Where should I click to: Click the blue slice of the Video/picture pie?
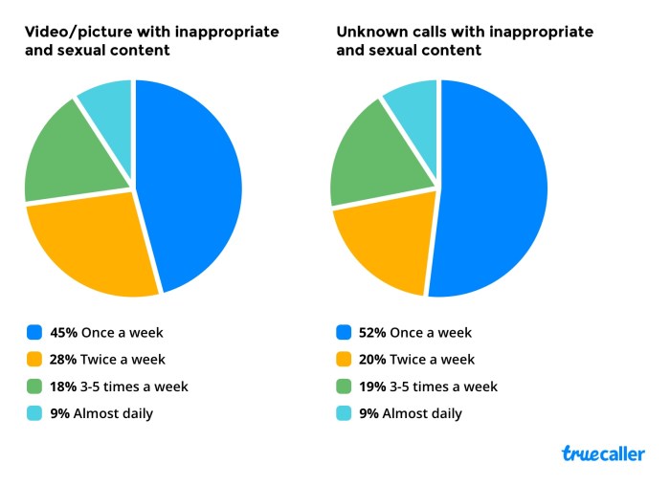pyautogui.click(x=191, y=182)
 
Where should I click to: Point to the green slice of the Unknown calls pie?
pyautogui.click(x=368, y=158)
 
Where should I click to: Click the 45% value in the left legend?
pyautogui.click(x=64, y=333)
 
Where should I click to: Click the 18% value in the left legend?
pyautogui.click(x=64, y=387)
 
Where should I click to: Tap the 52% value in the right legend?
pyautogui.click(x=373, y=333)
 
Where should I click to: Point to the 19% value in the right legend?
pyautogui.click(x=373, y=387)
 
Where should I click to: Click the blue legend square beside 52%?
pyautogui.click(x=344, y=333)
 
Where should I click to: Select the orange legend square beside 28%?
pyautogui.click(x=34, y=360)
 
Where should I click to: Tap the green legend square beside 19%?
pyautogui.click(x=344, y=387)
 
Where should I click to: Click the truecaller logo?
pyautogui.click(x=602, y=453)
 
